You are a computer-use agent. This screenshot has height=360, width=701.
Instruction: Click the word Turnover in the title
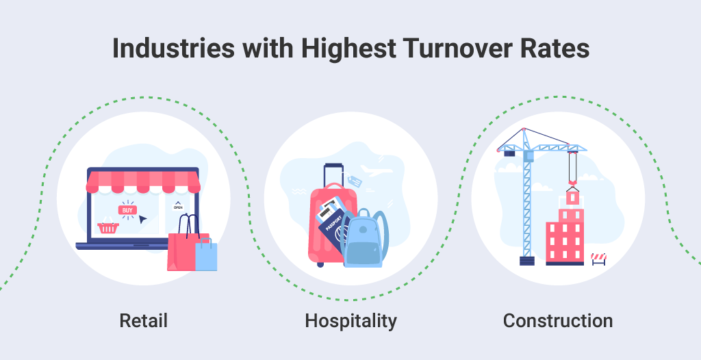(441, 51)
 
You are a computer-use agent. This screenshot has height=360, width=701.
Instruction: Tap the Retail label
(143, 320)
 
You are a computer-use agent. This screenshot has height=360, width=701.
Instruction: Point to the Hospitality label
(350, 320)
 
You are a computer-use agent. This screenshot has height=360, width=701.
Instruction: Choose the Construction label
(558, 320)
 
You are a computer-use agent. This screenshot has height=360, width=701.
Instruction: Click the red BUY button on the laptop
(127, 210)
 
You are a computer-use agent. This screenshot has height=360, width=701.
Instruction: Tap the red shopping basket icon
(107, 227)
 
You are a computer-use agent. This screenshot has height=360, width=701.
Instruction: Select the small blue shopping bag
(206, 255)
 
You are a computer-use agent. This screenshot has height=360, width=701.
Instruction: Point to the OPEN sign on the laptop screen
(178, 205)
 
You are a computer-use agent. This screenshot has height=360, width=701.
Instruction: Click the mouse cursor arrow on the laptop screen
(143, 220)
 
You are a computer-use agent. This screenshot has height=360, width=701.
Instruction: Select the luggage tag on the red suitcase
(354, 181)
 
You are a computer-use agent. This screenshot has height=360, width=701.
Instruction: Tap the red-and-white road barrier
(598, 259)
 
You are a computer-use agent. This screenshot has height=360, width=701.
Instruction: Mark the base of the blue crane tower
(526, 260)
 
